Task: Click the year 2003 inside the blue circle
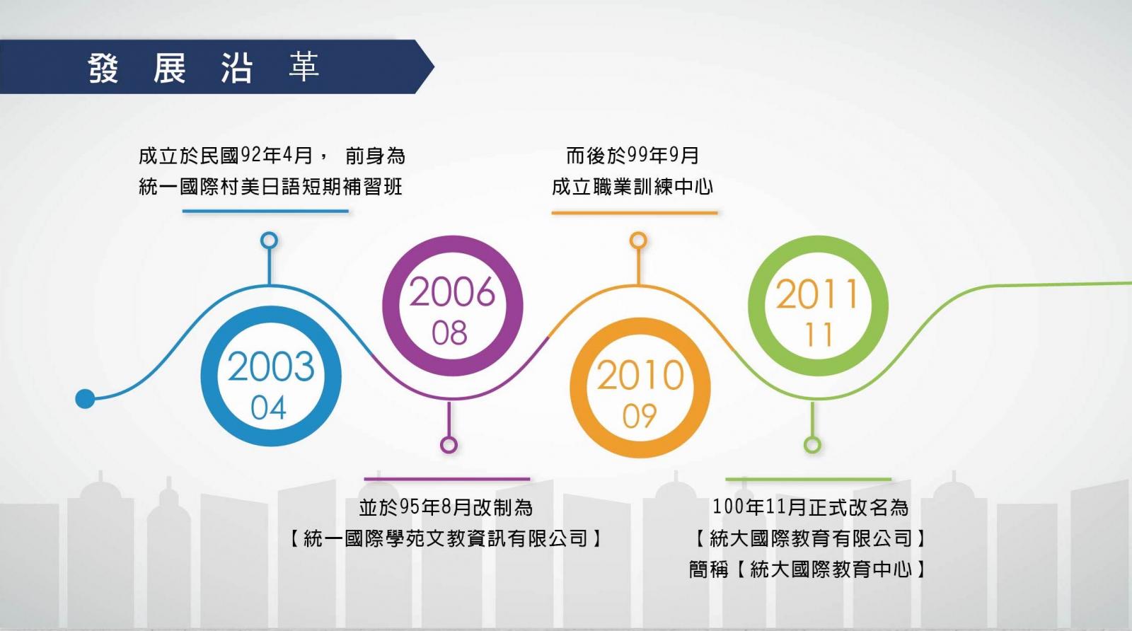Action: coord(271,366)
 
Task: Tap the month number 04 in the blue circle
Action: coord(268,407)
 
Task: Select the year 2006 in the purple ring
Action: coord(452,292)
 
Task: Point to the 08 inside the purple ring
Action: coord(449,333)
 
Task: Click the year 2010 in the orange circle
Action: coord(640,375)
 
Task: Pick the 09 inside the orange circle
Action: coord(640,416)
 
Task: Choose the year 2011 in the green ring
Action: coord(817,294)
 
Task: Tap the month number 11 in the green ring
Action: coord(819,335)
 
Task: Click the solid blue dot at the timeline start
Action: coord(85,398)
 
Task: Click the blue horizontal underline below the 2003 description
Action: coord(265,212)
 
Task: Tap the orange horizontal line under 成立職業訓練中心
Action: coord(634,213)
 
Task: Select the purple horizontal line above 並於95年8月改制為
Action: coord(446,478)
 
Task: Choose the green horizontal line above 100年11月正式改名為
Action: coord(808,479)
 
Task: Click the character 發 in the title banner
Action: coord(103,68)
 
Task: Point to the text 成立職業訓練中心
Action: coord(633,187)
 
